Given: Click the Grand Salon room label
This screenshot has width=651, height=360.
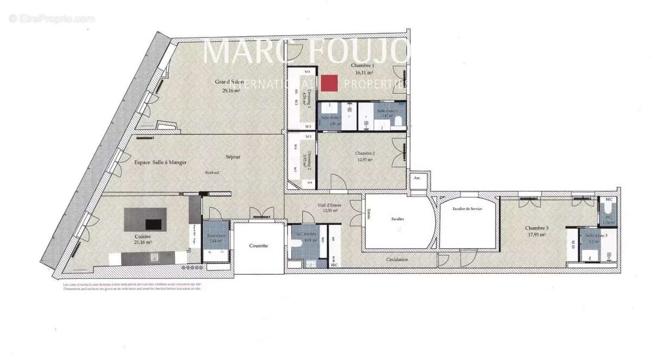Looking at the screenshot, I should click(x=229, y=82).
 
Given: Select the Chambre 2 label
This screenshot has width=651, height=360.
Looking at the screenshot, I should click(x=365, y=153).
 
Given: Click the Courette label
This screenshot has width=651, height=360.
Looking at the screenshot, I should click(x=258, y=246).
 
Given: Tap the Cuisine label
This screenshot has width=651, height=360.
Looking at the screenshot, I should click(x=143, y=237).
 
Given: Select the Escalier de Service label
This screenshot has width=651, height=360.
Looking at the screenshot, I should click(x=468, y=208).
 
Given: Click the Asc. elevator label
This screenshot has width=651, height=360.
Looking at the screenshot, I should click(x=417, y=177).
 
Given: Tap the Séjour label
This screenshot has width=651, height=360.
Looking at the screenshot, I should click(x=233, y=157).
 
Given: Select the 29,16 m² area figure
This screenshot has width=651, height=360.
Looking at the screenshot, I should click(x=231, y=91).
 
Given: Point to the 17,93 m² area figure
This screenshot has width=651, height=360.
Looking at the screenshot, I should click(x=537, y=235).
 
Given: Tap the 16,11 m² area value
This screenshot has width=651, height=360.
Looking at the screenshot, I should click(x=364, y=72).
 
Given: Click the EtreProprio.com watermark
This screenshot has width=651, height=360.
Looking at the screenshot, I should click(x=52, y=18).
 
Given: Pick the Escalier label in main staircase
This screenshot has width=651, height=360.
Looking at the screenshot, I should click(x=398, y=218).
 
